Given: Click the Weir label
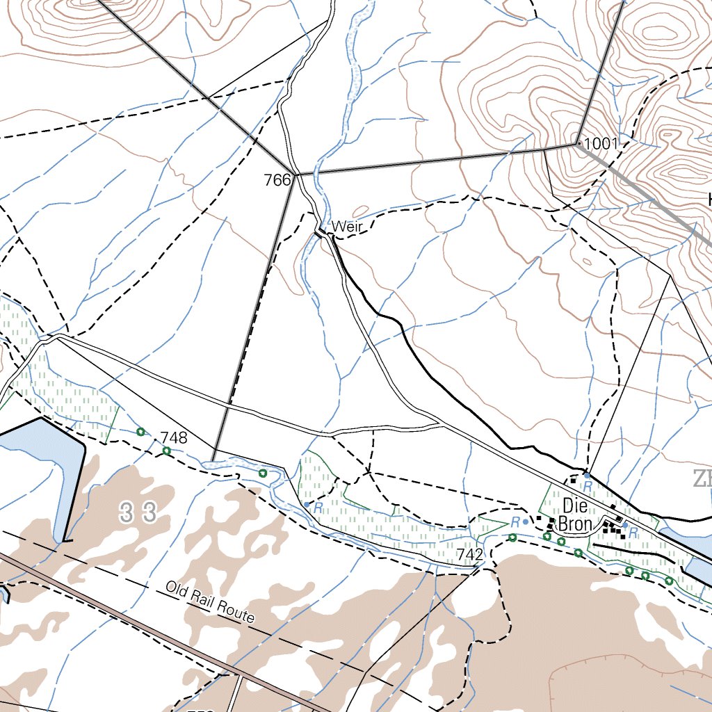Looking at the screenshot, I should coord(348,227).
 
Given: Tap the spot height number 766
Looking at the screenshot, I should coord(277,181).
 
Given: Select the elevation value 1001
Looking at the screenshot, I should coord(601,144).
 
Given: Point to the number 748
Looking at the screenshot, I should coord(174,437).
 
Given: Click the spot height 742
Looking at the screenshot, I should coord(470,554).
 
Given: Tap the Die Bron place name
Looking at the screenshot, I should coord(575,515).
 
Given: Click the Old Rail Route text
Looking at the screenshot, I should coord(210,602).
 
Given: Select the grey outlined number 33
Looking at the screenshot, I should coord(138,514).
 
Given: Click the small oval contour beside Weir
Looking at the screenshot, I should coord(360,211).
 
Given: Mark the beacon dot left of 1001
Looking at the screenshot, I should coord(578,144).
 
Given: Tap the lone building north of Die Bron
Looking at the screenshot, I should coord(574,479).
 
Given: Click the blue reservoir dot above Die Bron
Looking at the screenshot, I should coord(587,476).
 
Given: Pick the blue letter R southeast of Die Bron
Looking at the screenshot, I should coord(633,532).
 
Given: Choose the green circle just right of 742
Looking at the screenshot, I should coord(512,537).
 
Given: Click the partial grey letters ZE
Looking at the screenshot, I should coord(701,479).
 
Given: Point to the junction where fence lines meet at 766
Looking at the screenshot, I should coord(298,175).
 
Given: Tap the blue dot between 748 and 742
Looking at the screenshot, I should coord(307,505).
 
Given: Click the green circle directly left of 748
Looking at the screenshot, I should coord(141,432).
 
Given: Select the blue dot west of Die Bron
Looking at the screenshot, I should coord(526,520).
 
